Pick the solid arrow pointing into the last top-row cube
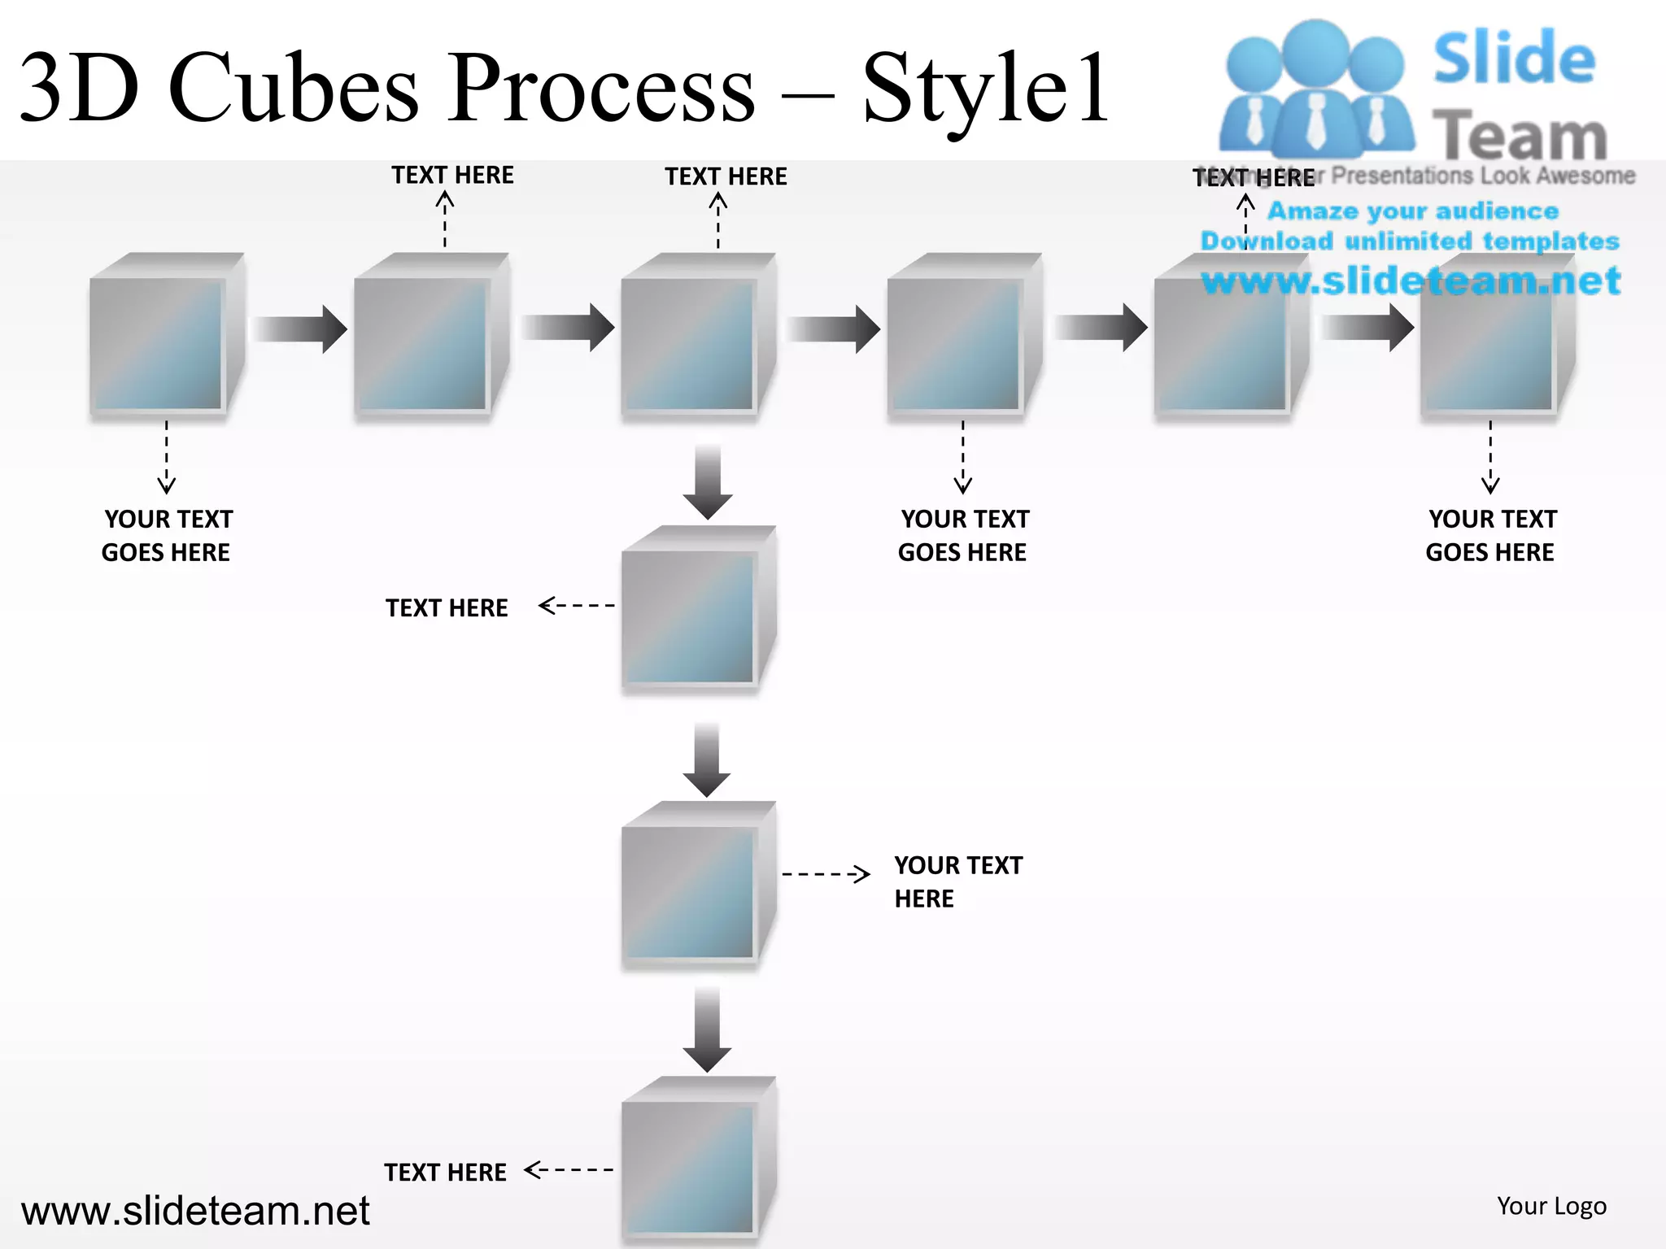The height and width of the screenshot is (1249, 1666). pos(1367,328)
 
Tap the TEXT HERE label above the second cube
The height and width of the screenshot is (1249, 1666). pos(452,176)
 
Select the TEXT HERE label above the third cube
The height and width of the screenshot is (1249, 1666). pos(726,176)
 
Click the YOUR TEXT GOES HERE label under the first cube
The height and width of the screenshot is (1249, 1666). pos(167,535)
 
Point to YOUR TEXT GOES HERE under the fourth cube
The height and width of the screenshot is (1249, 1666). pos(963,535)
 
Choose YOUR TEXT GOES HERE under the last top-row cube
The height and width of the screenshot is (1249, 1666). pos(1491,535)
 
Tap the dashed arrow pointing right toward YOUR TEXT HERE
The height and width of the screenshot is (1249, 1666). pos(826,874)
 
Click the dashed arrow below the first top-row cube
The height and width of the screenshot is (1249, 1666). pos(167,457)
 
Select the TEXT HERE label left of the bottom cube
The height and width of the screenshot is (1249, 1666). pos(445,1172)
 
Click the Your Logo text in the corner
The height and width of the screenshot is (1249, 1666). pos(1551,1206)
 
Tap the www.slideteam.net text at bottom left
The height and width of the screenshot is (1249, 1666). pos(195,1211)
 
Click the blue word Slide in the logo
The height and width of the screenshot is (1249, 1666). pos(1514,59)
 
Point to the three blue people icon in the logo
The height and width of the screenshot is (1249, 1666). pos(1315,89)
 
